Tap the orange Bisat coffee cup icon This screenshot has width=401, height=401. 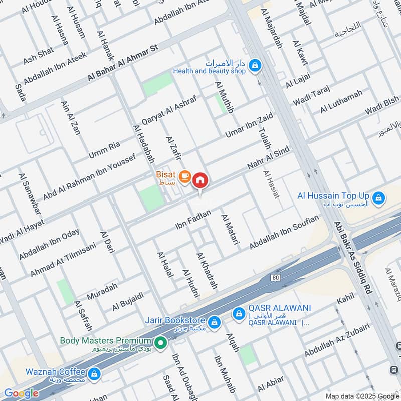185,176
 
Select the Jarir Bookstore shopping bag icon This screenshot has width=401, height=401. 214,322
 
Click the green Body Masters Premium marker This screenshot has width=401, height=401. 160,343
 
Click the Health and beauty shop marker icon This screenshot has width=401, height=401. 256,64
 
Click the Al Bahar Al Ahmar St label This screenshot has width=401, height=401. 122,63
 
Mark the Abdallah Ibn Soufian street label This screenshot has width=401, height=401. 284,232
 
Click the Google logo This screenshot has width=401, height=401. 21,393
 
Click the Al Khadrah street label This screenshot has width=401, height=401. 208,271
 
